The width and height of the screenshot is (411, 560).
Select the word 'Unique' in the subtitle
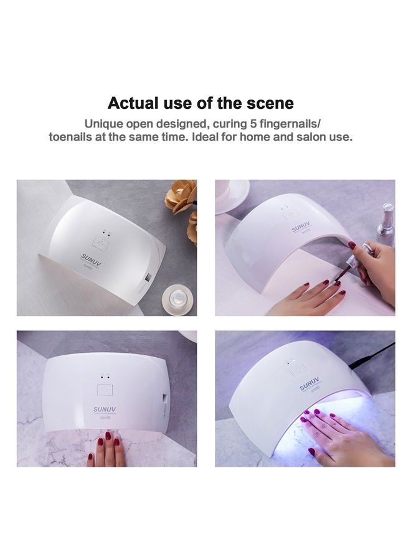tap(104, 123)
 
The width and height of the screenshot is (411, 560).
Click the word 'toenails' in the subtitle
tap(72, 136)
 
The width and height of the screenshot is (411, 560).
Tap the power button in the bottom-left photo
tap(105, 391)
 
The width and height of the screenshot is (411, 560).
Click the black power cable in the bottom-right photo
tap(374, 352)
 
